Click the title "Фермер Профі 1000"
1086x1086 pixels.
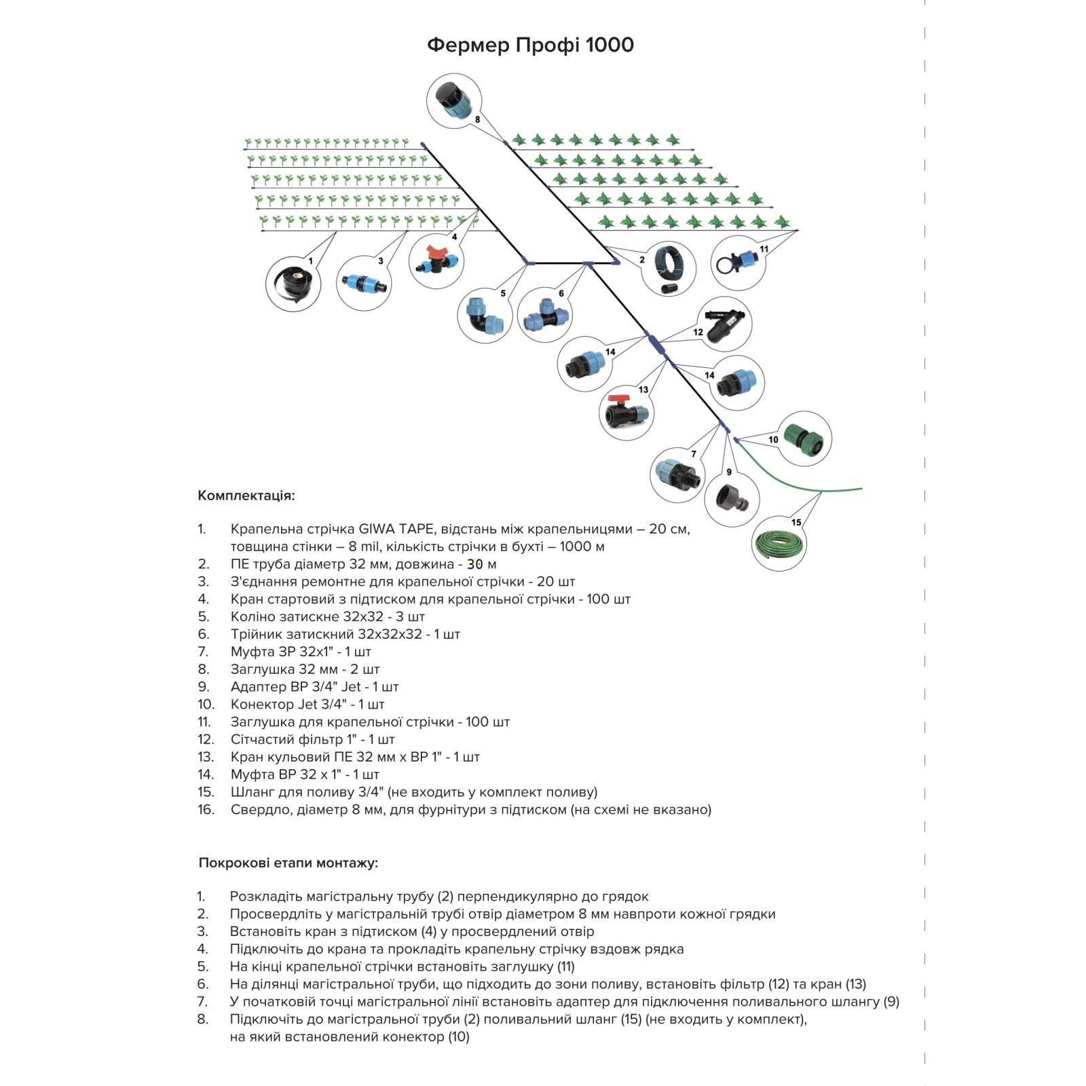pos(530,45)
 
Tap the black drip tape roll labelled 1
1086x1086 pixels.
pos(292,284)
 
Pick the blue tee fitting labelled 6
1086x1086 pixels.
pos(544,316)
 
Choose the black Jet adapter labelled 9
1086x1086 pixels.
pos(732,499)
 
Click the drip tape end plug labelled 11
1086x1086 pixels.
pos(738,261)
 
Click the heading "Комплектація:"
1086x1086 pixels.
pos(246,495)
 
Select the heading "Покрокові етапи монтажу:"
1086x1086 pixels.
pos(288,863)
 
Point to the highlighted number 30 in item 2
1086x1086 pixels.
pos(475,564)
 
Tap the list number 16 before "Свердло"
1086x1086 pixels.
pos(206,809)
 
